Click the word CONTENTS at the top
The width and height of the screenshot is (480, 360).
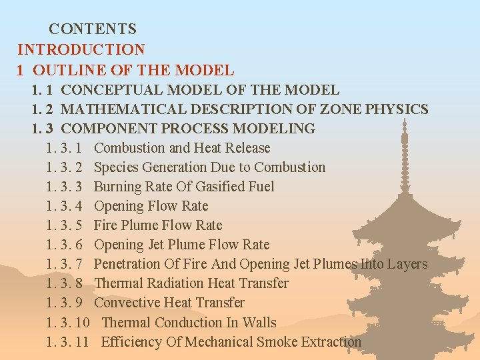coord(93,29)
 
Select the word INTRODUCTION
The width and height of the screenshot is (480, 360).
coord(81,49)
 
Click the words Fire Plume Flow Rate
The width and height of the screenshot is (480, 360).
coord(158,225)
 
